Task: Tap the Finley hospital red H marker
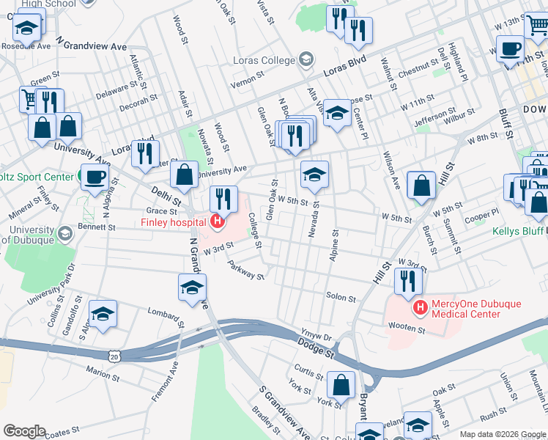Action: pos(217,221)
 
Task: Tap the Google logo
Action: pos(24,431)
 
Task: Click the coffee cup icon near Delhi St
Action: pos(95,177)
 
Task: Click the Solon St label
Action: pos(341,298)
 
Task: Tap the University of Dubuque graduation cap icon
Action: pos(64,234)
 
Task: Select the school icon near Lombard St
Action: pos(103,314)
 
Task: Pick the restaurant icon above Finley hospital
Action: pos(223,198)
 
